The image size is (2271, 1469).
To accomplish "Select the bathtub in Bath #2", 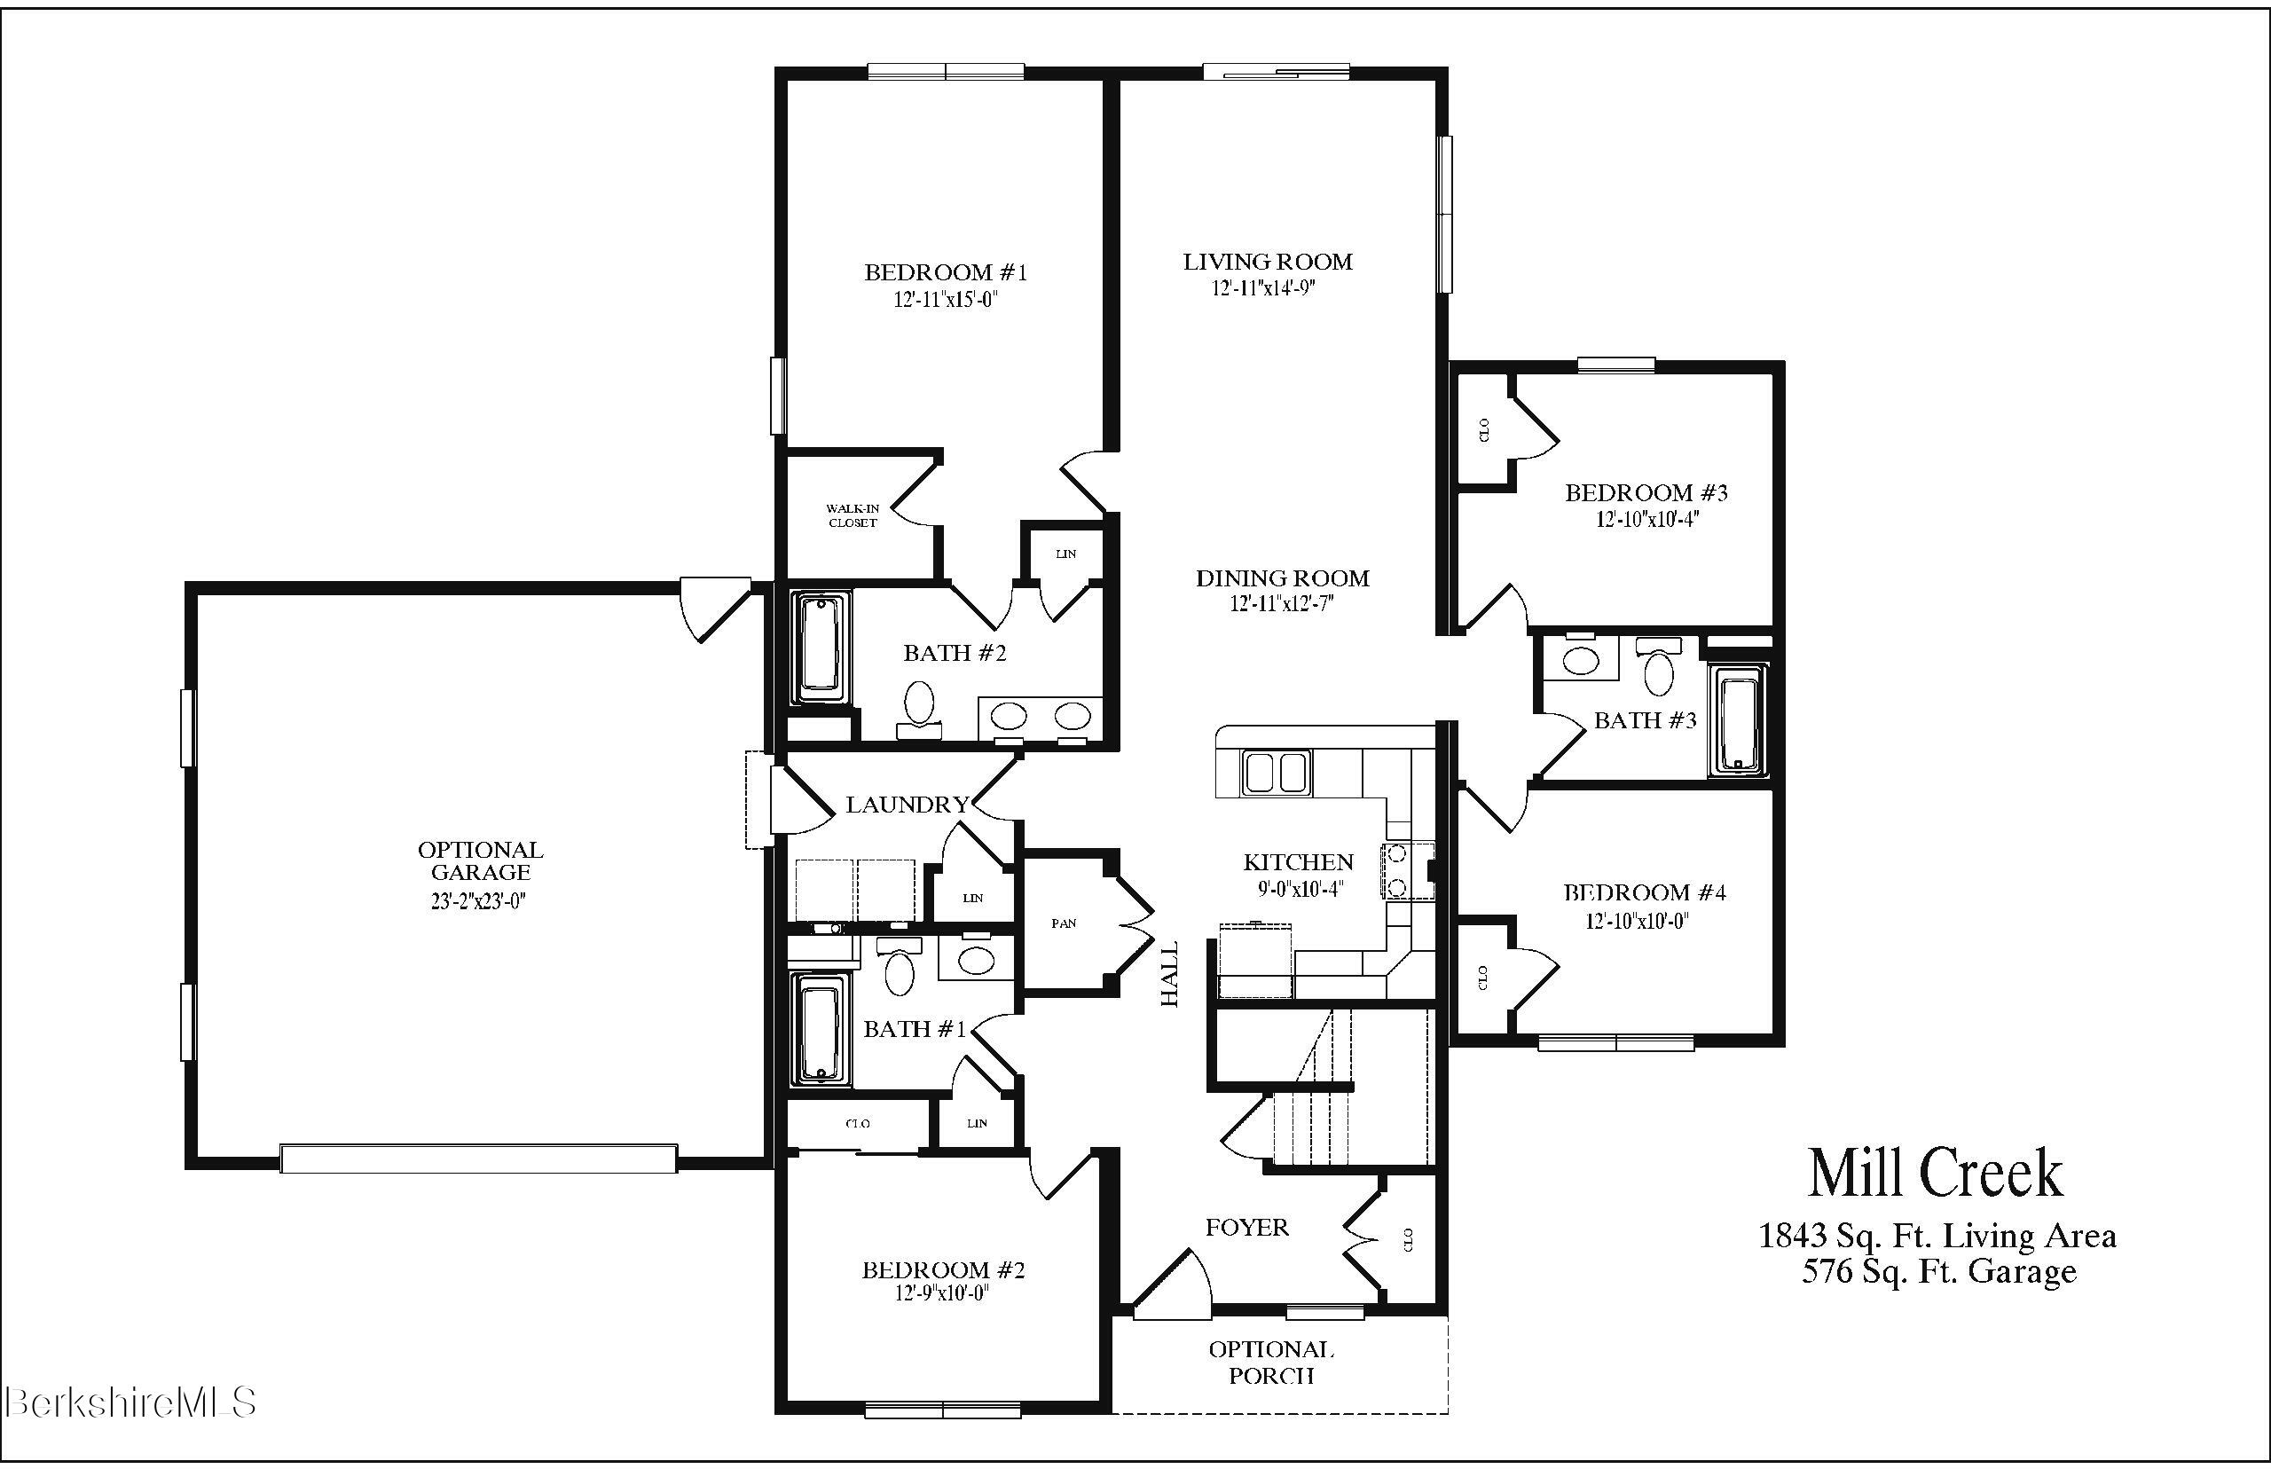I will [x=821, y=648].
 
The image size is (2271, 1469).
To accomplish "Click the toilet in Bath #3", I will [x=1659, y=671].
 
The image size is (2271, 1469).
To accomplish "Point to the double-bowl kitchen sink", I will [x=1277, y=772].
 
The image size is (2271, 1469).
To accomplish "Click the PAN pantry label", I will [x=1064, y=923].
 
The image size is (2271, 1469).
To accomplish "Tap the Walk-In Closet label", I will [x=852, y=516].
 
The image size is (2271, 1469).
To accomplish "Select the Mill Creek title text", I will [x=1936, y=1174].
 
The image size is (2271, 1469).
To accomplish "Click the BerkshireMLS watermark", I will [x=130, y=1402].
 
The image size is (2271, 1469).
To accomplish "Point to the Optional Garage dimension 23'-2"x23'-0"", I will [x=478, y=900].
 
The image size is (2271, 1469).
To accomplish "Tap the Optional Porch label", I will [x=1270, y=1363].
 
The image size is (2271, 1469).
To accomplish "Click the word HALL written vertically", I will [x=1169, y=973].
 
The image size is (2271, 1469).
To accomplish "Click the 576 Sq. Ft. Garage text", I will [x=1938, y=1271].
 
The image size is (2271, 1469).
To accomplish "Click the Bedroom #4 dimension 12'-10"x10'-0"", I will [x=1637, y=922].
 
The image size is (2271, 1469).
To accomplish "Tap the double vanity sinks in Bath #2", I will [x=1041, y=715].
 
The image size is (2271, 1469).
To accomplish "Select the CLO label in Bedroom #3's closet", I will [x=1484, y=430].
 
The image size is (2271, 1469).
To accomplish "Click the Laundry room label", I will [x=907, y=804].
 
